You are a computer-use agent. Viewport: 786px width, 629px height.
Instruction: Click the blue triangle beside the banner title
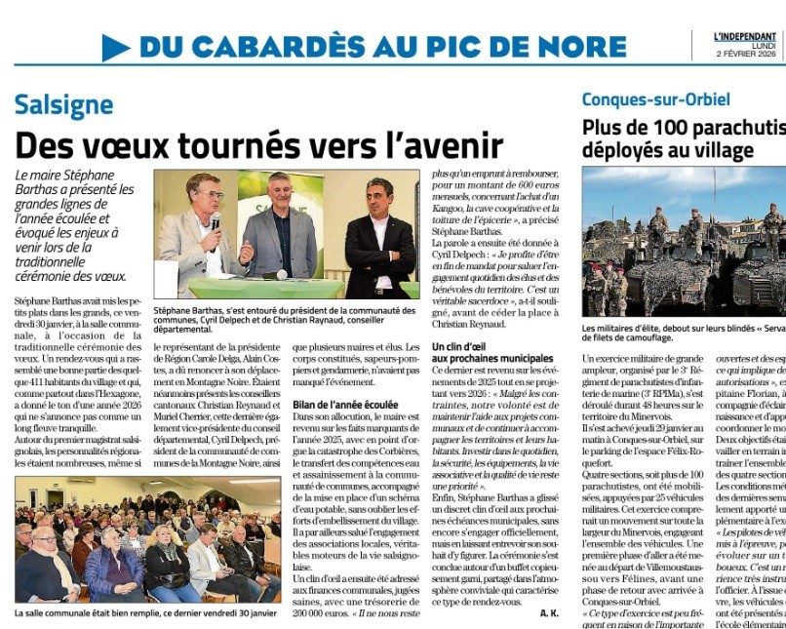115,47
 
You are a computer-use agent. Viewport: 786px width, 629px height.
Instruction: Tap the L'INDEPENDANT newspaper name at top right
744,36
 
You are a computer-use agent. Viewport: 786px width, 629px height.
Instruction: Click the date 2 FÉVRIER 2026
746,54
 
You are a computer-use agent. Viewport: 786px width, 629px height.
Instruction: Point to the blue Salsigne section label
63,105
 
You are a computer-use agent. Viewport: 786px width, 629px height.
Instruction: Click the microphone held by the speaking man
216,222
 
